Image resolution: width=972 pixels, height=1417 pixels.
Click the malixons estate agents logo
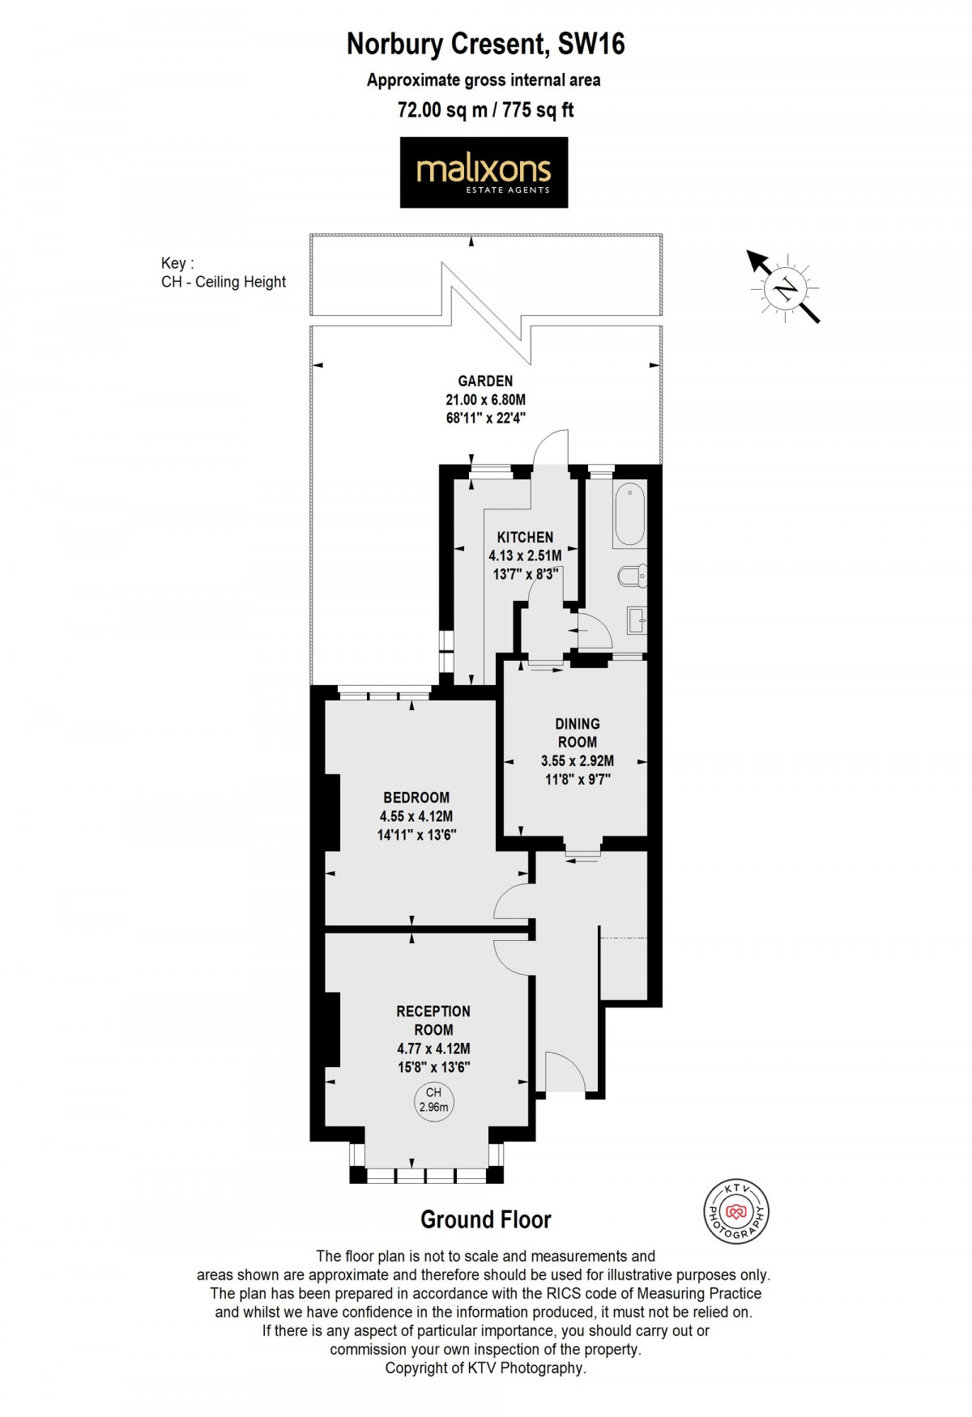click(x=484, y=172)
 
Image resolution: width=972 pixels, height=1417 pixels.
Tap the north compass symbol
click(x=784, y=288)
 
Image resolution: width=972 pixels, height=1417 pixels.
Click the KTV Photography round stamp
click(x=735, y=1212)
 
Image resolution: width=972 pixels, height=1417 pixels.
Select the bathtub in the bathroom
click(x=629, y=515)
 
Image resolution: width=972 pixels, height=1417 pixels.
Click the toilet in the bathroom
click(x=632, y=576)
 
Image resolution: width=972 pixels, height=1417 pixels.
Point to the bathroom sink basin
click(x=637, y=621)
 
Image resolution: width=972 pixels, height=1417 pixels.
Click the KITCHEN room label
click(x=525, y=538)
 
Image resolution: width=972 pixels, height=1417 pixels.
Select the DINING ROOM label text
click(x=577, y=733)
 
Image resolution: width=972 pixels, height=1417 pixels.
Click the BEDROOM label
click(x=416, y=798)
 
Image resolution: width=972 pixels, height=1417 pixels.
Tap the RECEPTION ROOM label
click(x=433, y=1020)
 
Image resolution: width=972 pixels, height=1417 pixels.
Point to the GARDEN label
click(x=485, y=381)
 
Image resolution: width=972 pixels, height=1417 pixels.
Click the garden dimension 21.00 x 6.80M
click(x=485, y=399)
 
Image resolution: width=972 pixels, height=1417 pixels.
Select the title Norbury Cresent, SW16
click(x=485, y=44)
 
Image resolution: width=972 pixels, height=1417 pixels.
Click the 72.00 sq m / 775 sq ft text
click(x=485, y=110)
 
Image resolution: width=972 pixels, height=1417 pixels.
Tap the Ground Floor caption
click(x=485, y=1219)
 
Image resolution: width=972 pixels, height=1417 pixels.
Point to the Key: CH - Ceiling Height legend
click(x=223, y=273)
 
